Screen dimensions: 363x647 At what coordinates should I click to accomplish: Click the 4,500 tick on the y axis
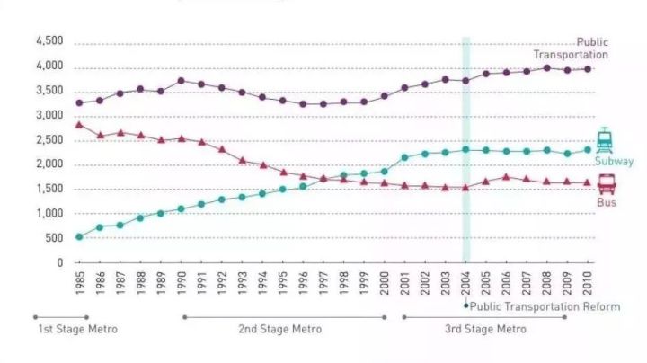(x=49, y=42)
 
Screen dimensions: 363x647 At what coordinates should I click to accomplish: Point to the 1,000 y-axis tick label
(x=49, y=214)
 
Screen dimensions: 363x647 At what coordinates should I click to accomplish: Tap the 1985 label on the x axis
(x=79, y=282)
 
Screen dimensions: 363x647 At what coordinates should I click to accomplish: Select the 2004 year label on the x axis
(x=465, y=282)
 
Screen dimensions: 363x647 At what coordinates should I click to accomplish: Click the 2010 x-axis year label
(x=588, y=282)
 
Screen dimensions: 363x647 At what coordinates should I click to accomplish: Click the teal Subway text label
(x=614, y=162)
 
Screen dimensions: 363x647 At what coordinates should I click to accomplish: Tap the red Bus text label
(x=607, y=204)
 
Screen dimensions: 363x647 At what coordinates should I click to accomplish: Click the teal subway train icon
(x=605, y=139)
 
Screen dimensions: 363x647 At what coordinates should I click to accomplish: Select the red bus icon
(x=607, y=185)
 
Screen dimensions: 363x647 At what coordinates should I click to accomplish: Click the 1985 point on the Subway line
(x=79, y=237)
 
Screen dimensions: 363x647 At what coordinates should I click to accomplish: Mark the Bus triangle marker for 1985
(x=79, y=124)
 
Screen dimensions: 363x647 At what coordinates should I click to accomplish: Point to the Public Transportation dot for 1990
(x=181, y=81)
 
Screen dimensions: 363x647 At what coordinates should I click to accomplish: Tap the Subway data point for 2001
(x=404, y=157)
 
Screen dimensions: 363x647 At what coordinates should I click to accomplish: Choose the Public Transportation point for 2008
(x=546, y=67)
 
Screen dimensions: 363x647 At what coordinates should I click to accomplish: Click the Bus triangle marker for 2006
(x=506, y=176)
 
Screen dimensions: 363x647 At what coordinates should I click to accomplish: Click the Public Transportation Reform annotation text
(x=545, y=306)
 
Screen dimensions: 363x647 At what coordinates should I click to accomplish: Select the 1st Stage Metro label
(x=77, y=329)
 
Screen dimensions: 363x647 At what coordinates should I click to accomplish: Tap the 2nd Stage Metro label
(x=279, y=329)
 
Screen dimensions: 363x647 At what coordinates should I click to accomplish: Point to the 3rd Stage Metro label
(x=485, y=329)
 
